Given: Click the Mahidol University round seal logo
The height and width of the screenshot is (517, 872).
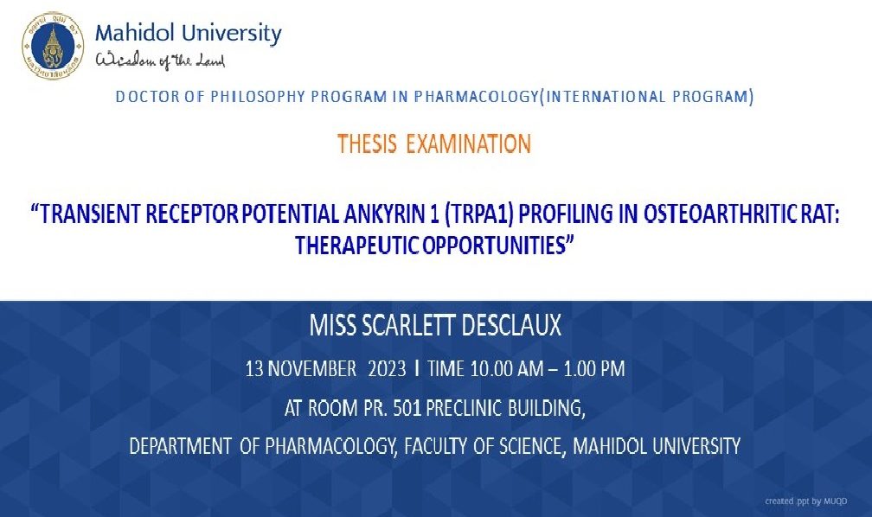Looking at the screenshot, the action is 53,46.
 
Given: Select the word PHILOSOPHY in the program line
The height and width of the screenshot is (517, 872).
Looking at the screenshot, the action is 258,97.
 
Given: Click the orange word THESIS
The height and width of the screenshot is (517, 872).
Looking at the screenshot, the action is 367,144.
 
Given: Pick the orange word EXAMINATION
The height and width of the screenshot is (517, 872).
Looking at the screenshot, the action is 468,144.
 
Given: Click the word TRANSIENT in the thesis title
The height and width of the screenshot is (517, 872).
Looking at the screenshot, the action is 90,214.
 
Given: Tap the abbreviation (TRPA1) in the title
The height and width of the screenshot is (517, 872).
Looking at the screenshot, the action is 478,214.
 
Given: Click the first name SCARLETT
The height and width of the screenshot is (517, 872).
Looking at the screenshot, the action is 409,325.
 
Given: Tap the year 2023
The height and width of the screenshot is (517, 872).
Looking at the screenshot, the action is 387,369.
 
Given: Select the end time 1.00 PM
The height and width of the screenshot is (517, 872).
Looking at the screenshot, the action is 594,369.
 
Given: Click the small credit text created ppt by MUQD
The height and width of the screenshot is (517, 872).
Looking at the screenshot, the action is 806,501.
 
